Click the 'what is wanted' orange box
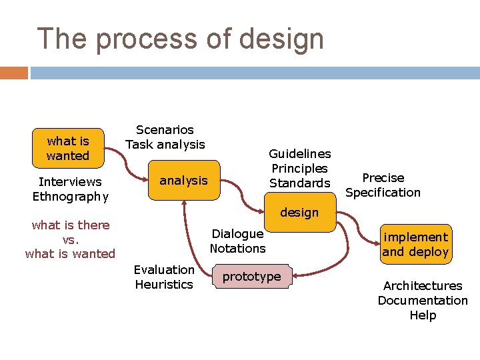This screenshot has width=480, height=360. coord(68,148)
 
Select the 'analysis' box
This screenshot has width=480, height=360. coord(183,180)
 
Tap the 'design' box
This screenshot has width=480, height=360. coord(299,213)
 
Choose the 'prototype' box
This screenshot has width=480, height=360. coord(251,277)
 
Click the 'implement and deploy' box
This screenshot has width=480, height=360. coord(415,244)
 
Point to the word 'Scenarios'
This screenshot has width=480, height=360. coord(165,130)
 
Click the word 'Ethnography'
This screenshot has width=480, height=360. coord(70,196)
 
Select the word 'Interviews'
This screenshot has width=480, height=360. coord(70,181)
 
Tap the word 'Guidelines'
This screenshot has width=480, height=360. coord(299,154)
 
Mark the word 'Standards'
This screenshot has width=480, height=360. coord(299,183)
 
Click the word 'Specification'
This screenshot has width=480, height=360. coord(383,193)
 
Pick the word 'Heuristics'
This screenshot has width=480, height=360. coord(164,285)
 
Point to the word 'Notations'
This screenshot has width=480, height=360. coord(237,249)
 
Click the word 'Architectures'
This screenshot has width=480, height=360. coord(423,286)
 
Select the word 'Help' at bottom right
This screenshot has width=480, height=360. coord(423,315)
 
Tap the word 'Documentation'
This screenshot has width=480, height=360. coord(423,301)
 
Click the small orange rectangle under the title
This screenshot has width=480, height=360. coord(14,73)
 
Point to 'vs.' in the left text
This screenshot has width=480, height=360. coord(70,239)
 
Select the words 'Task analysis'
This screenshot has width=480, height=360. coord(165,145)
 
